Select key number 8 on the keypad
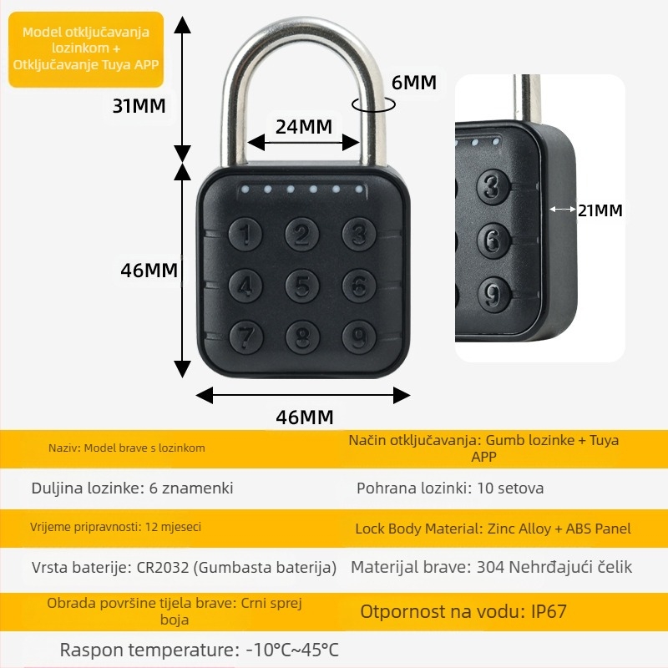click(x=302, y=337)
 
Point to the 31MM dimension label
click(x=139, y=105)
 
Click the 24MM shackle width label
click(x=304, y=126)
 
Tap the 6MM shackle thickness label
click(x=413, y=83)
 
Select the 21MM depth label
click(x=600, y=210)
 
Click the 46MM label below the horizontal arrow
click(x=304, y=417)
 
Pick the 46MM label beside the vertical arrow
click(x=149, y=271)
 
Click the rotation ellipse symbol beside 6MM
click(x=372, y=104)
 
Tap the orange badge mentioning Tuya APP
click(x=86, y=48)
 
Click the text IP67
click(x=549, y=611)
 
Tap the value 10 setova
click(x=510, y=488)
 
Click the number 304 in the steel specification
click(x=491, y=568)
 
